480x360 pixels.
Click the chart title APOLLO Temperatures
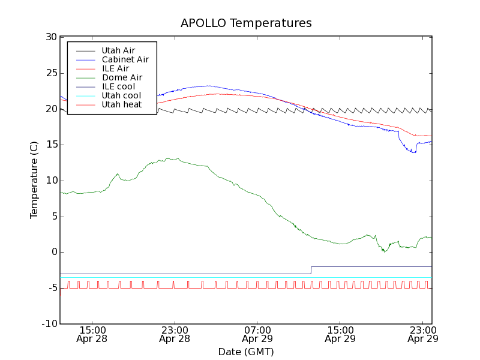pos(246,23)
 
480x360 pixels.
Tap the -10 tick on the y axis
pos(49,324)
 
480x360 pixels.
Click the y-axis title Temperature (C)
pos(34,181)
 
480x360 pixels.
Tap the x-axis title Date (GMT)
pos(246,352)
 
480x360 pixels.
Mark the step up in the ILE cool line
pos(311,270)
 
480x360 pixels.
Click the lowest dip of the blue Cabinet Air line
pos(413,152)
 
